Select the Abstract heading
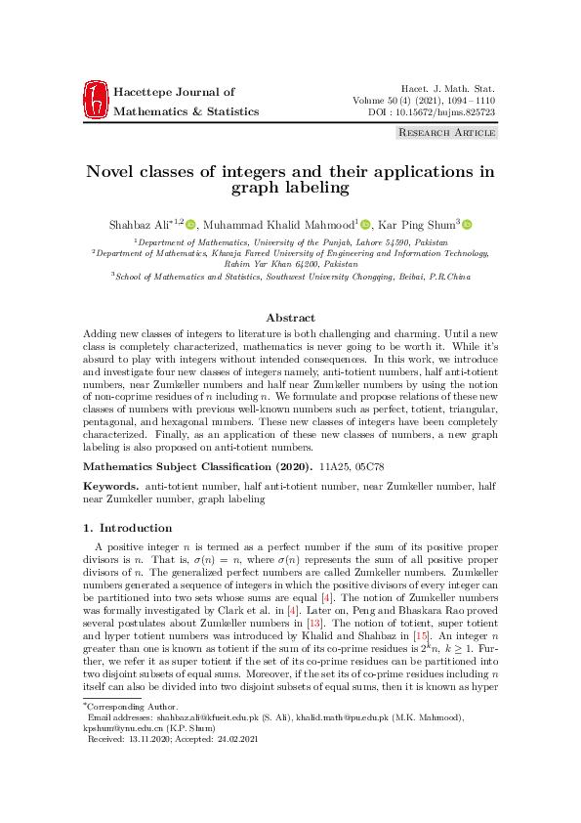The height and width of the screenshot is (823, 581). [x=290, y=318]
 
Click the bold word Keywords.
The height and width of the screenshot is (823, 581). [x=109, y=485]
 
